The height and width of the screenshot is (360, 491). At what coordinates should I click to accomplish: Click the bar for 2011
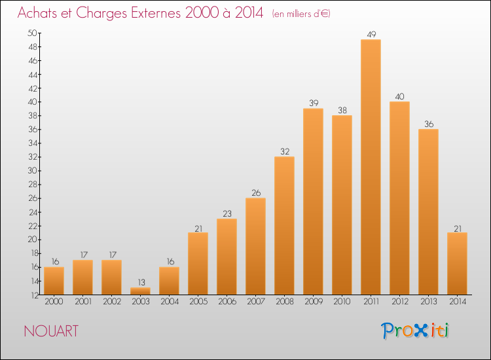click(x=371, y=167)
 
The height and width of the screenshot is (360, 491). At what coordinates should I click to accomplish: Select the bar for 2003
click(x=140, y=291)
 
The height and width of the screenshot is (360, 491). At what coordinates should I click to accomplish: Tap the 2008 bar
click(x=284, y=225)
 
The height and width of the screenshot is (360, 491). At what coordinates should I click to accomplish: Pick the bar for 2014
click(x=457, y=264)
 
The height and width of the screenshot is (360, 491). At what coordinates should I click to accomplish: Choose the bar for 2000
click(x=54, y=281)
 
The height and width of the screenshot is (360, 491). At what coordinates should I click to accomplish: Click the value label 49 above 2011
click(x=371, y=34)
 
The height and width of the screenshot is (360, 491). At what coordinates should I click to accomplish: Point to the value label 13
click(x=141, y=282)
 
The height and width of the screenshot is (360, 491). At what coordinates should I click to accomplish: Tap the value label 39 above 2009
click(x=314, y=103)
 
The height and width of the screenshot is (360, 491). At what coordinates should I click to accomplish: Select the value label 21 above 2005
click(x=198, y=229)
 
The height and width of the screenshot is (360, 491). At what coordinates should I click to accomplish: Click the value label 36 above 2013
click(x=429, y=124)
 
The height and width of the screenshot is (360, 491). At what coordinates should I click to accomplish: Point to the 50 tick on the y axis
click(x=32, y=33)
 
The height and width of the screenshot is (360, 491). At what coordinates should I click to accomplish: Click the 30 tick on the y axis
click(x=32, y=171)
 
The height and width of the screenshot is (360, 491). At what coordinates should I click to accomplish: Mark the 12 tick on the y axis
click(x=34, y=295)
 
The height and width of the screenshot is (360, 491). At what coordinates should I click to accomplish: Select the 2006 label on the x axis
click(x=227, y=302)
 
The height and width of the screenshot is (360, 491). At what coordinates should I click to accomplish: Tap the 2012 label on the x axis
click(x=400, y=302)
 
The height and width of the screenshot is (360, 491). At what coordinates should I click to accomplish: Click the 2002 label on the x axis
click(x=112, y=302)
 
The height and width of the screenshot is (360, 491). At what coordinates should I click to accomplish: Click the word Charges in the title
click(x=101, y=13)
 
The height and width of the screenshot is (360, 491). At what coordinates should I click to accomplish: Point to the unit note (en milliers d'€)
click(x=301, y=14)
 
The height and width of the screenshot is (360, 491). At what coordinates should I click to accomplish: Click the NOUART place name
click(x=51, y=331)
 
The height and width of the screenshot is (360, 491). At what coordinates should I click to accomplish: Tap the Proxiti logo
click(x=415, y=331)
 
